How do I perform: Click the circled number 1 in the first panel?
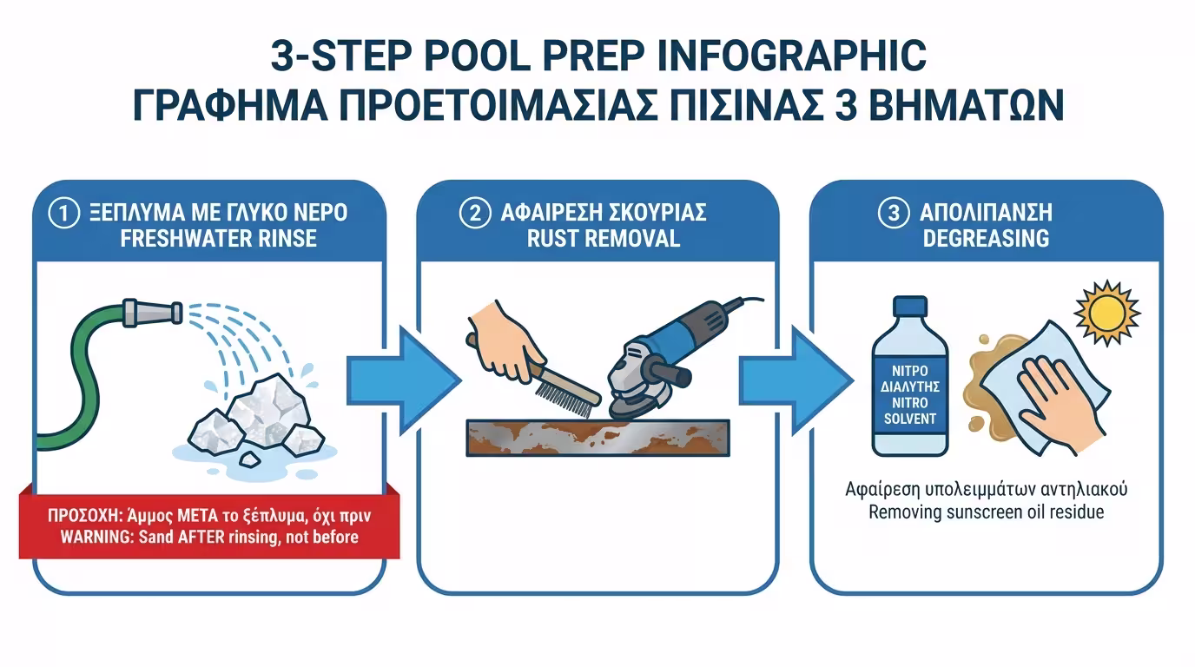pos(64,213)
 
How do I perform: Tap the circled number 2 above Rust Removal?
pos(474,213)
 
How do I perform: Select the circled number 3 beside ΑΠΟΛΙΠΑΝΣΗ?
pos(894,213)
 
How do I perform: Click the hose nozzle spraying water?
pos(153,312)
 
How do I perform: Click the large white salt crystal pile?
pos(256,419)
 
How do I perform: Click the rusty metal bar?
pos(598,438)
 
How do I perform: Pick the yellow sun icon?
pos(1107,314)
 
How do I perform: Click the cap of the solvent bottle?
pos(909,307)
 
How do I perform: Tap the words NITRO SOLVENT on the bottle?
pos(909,410)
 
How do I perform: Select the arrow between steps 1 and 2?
pos(404,380)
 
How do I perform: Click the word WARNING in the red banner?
pos(96,537)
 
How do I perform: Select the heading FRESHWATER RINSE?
pos(218,239)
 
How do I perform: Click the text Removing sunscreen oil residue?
pos(986,512)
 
